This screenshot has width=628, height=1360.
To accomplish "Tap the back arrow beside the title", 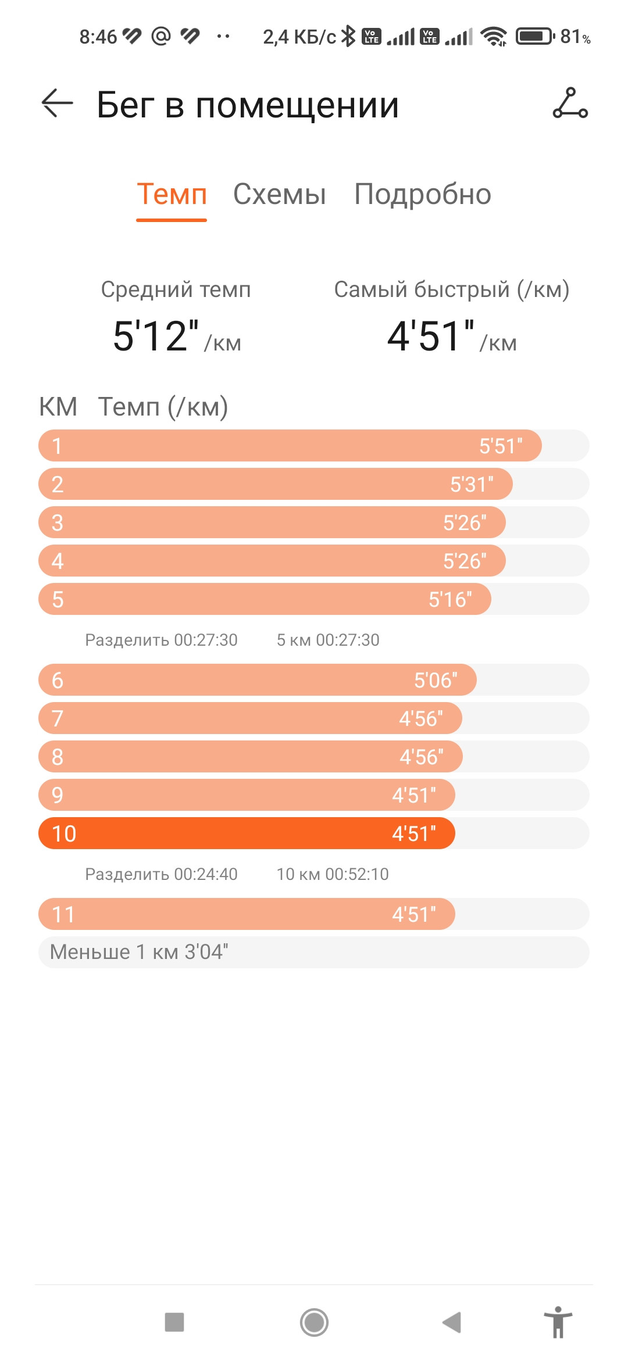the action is tap(58, 103).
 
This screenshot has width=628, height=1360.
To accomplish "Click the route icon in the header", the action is tap(570, 103).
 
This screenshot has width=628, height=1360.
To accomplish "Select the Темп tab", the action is tap(172, 194).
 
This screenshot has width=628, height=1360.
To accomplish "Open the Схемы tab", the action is tap(279, 194).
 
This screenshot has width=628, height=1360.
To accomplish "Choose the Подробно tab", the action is tap(423, 195).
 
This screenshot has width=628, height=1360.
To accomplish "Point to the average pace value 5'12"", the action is tap(156, 336).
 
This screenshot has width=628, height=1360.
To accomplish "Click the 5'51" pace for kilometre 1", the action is tap(501, 446).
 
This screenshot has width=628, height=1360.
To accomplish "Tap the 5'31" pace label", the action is tap(472, 485).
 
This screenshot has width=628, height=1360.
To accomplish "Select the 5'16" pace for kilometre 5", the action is tap(450, 600).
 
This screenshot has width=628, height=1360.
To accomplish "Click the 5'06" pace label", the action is tap(436, 681).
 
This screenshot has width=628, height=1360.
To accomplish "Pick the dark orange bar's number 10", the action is tap(64, 834).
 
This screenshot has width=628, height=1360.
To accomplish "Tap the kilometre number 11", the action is tap(63, 915).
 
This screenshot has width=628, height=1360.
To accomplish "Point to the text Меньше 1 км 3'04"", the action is tap(139, 952).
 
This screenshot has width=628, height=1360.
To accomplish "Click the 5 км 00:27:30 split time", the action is tap(328, 640).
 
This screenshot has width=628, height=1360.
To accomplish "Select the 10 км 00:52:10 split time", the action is tap(333, 874).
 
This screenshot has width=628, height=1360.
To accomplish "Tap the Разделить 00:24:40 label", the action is tap(161, 874).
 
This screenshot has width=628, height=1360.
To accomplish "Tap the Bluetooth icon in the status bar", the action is tap(348, 36).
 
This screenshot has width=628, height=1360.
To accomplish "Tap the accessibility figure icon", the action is tap(558, 1322).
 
